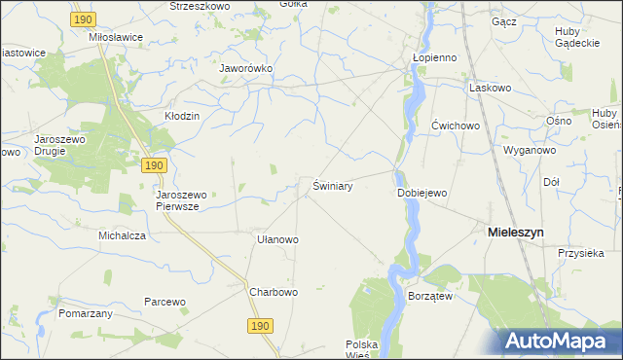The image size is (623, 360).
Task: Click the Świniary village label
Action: [332, 185]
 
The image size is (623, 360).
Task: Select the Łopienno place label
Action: [434, 57]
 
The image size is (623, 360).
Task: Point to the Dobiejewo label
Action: [422, 193]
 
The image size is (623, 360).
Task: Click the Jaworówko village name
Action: [246, 69]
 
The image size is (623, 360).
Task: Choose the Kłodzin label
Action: [182, 116]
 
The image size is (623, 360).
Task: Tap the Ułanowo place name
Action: [276, 238]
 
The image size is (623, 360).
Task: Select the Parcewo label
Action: [165, 302]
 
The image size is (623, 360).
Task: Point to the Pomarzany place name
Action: [86, 313]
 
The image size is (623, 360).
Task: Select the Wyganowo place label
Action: [529, 151]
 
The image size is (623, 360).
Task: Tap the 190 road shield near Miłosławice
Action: [84, 19]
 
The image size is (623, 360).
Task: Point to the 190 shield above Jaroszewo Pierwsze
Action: [154, 166]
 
